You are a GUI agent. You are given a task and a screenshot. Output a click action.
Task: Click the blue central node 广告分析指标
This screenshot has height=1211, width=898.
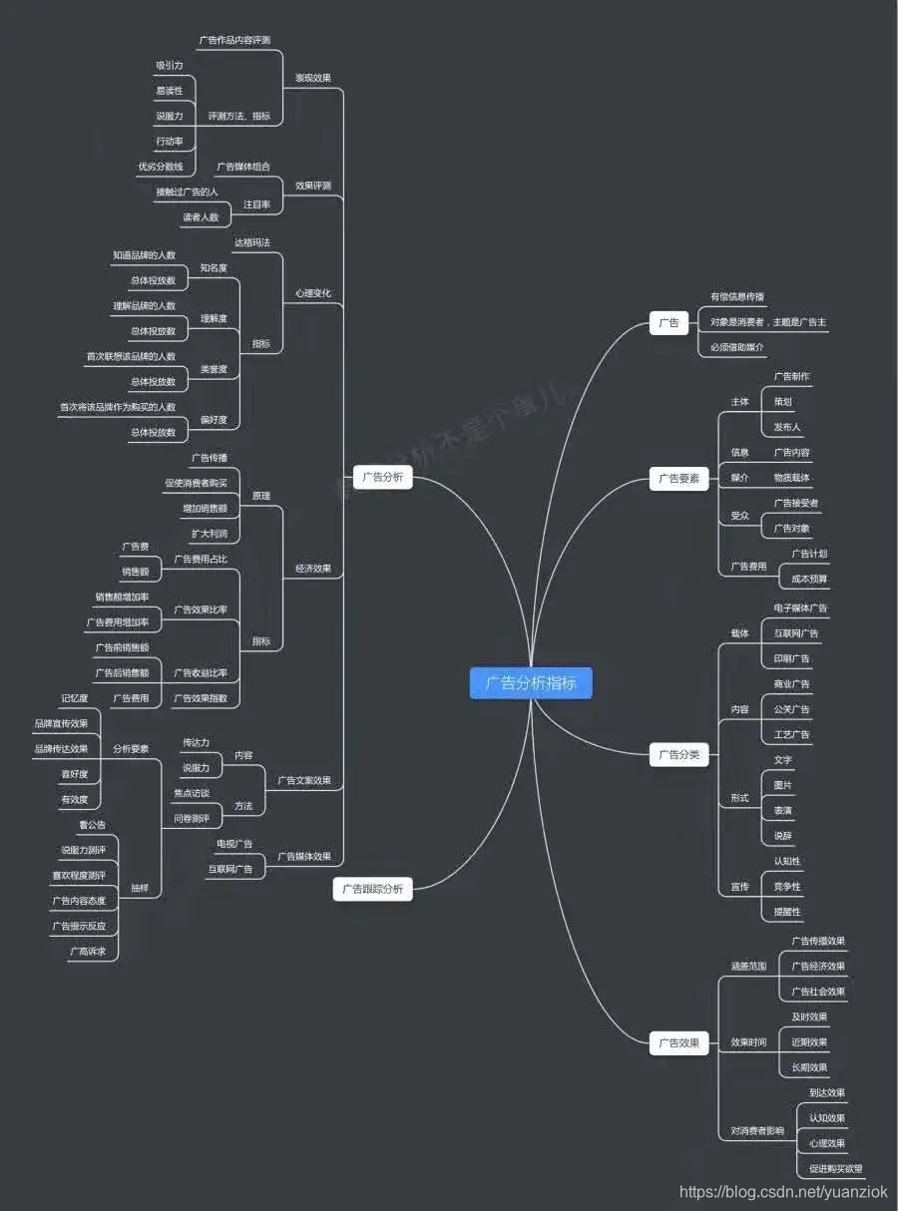[531, 683]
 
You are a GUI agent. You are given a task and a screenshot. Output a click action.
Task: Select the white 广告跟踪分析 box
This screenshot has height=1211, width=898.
[372, 888]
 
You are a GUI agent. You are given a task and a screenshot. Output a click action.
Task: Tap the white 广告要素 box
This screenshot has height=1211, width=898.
[679, 478]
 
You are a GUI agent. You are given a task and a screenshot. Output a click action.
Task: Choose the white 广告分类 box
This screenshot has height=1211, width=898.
[679, 755]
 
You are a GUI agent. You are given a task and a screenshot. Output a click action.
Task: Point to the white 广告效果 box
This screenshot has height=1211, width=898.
[679, 1043]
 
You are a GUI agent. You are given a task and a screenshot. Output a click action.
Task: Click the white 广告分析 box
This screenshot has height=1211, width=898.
[383, 478]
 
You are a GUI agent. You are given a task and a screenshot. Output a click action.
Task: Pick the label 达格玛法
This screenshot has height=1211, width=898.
[252, 242]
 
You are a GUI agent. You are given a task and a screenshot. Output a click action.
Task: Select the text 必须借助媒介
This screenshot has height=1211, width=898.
[737, 347]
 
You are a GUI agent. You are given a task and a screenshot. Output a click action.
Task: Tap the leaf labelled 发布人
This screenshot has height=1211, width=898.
[787, 427]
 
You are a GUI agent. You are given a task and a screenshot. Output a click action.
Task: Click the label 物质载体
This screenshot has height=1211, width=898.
[792, 478]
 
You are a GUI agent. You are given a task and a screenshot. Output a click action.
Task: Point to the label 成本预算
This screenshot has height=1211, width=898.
[809, 579]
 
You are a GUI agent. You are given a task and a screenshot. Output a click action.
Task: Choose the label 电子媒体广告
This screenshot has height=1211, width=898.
[800, 607]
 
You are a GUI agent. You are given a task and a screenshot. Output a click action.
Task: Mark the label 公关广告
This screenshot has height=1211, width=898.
[792, 709]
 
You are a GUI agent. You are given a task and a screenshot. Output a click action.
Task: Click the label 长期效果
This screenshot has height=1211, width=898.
[809, 1067]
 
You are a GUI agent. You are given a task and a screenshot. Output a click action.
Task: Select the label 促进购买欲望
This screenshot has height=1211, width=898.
[835, 1168]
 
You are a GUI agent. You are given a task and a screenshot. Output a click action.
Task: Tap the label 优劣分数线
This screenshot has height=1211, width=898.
[161, 166]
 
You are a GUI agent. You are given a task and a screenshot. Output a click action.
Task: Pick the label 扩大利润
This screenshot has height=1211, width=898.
[210, 533]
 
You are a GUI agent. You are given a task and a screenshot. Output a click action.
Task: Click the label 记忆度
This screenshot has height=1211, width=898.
[75, 698]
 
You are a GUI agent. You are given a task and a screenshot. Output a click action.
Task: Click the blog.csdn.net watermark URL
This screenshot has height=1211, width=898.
[782, 1191]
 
